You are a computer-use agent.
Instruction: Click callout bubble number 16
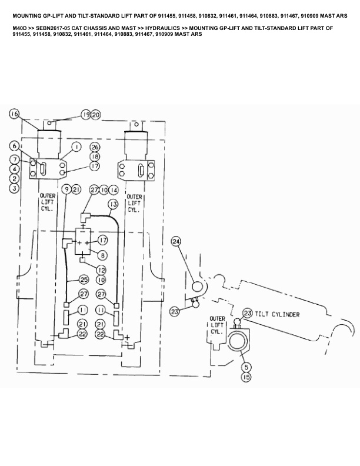click(15, 114)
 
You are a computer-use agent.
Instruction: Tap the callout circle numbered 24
click(176, 241)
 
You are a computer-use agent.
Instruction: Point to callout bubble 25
click(84, 279)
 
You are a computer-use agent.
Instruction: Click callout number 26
click(95, 147)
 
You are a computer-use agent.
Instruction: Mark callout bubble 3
click(15, 188)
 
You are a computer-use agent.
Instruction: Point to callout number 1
click(76, 146)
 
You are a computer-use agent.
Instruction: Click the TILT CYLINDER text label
click(278, 315)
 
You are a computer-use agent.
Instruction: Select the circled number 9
click(66, 189)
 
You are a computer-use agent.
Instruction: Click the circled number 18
click(95, 157)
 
